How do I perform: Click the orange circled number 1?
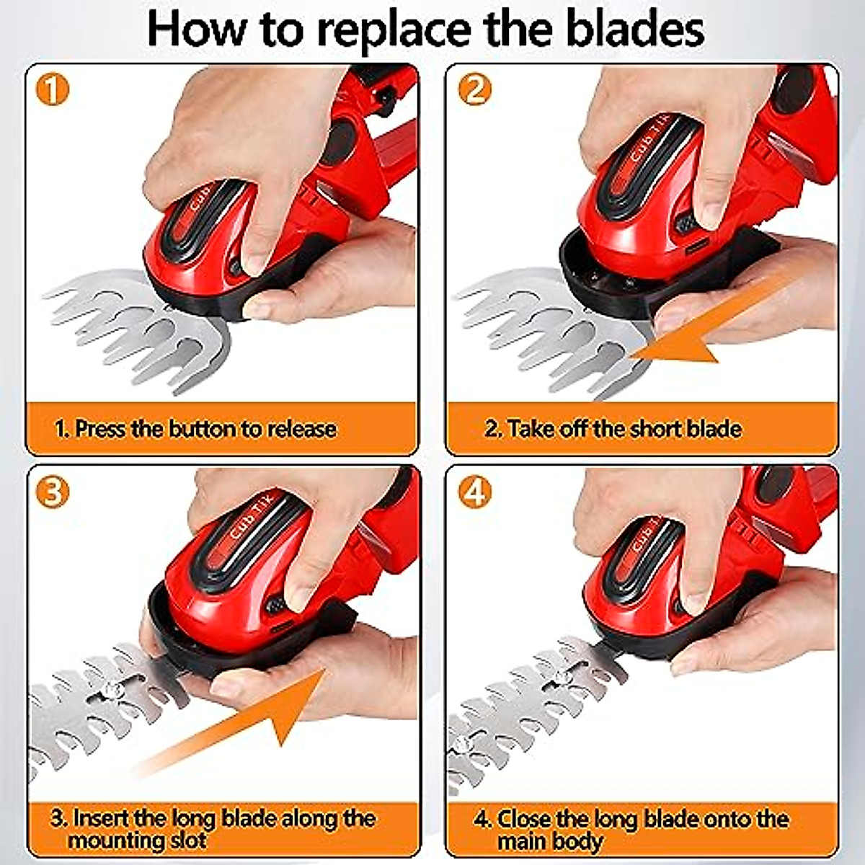(x=53, y=90)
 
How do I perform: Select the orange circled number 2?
(x=474, y=90)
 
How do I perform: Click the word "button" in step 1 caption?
(x=203, y=429)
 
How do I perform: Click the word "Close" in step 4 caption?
(x=524, y=819)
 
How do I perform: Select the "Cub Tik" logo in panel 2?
(x=649, y=141)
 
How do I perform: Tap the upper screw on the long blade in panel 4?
(x=560, y=676)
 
